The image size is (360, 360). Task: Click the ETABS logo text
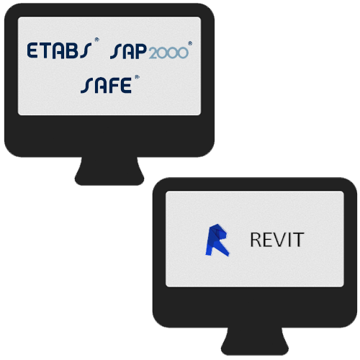pyautogui.click(x=59, y=50)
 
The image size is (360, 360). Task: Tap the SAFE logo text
pyautogui.click(x=106, y=86)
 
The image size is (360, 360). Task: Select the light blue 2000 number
pyautogui.click(x=168, y=53)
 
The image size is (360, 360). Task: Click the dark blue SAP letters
pyautogui.click(x=128, y=51)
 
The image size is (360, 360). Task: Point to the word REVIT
pyautogui.click(x=277, y=240)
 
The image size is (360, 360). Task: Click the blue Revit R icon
pyautogui.click(x=217, y=240)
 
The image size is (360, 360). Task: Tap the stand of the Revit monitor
pyautogui.click(x=255, y=341)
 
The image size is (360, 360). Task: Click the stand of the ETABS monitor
pyautogui.click(x=109, y=171)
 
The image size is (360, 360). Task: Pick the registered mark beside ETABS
pyautogui.click(x=96, y=40)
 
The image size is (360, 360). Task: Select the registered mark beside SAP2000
pyautogui.click(x=190, y=43)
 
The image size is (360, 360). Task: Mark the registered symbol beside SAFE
pyautogui.click(x=137, y=77)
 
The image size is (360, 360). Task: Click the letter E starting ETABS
pyautogui.click(x=32, y=50)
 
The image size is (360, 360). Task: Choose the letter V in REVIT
pyautogui.click(x=279, y=240)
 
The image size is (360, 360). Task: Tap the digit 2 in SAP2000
pyautogui.click(x=154, y=53)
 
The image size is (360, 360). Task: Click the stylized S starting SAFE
pyautogui.click(x=87, y=86)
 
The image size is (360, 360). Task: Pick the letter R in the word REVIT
pyautogui.click(x=256, y=240)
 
